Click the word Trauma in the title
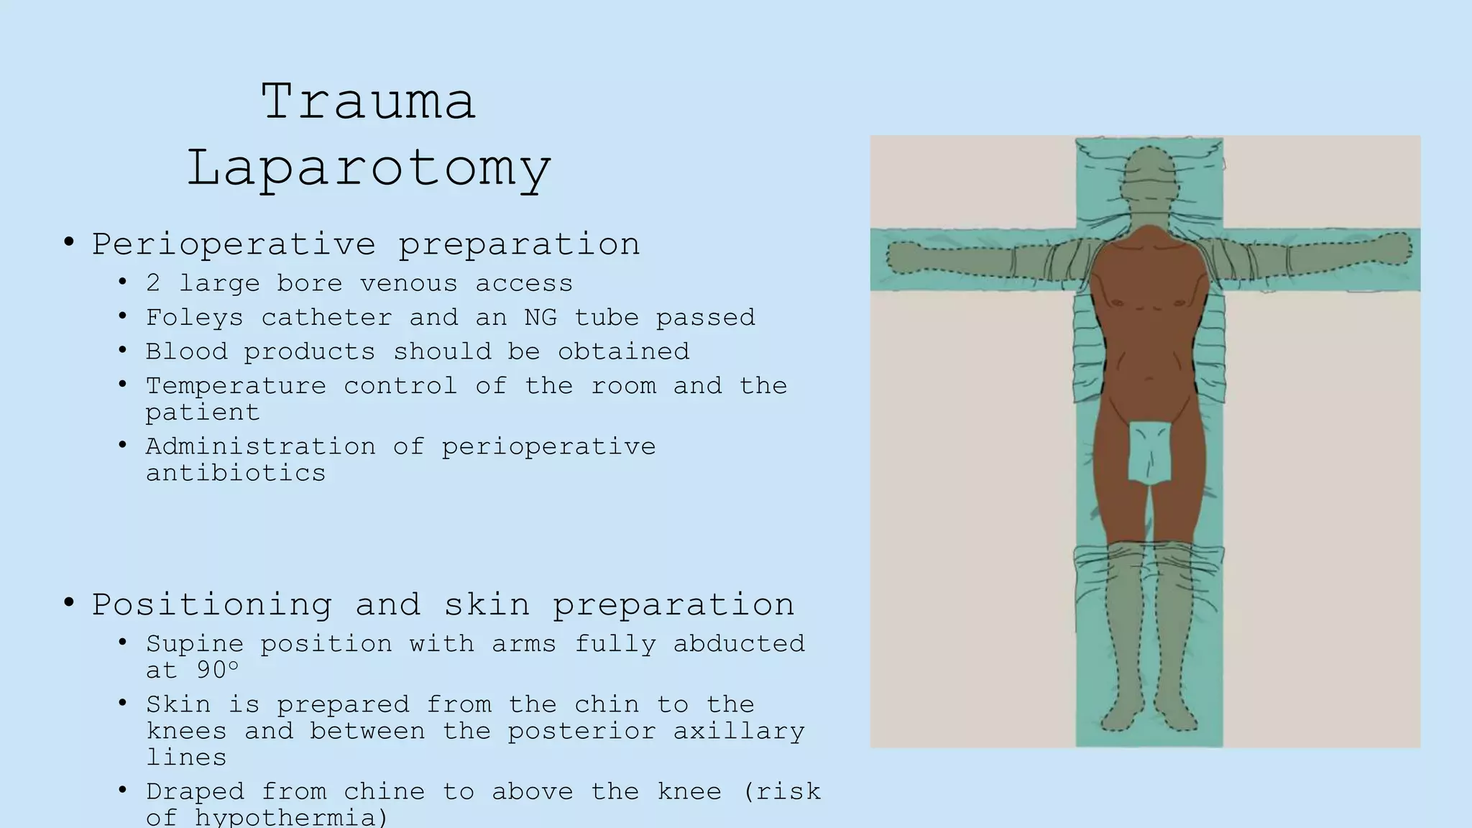coord(368,101)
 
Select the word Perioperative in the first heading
coord(234,244)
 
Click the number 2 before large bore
coord(153,283)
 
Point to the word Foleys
coord(195,318)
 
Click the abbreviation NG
coord(540,317)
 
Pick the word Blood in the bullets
coord(186,351)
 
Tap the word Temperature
coord(236,386)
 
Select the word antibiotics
coord(236,473)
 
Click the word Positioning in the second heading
coord(212,604)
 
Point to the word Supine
coord(195,644)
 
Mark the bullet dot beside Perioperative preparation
coord(69,242)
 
